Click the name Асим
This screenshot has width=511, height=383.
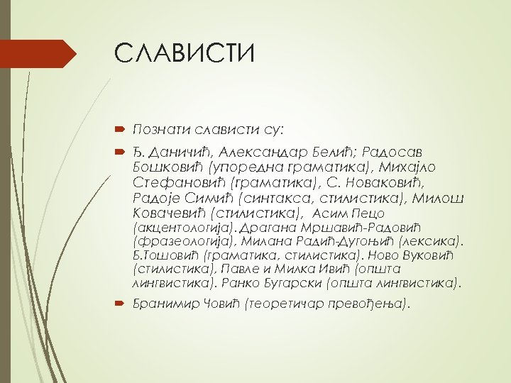329,213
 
